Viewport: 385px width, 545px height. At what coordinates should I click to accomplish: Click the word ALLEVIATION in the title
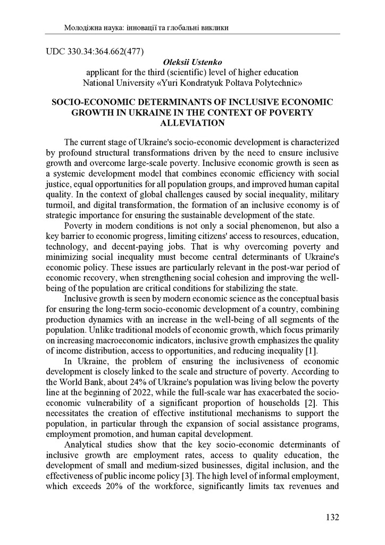192,122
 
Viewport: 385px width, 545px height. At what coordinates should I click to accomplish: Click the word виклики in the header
215,27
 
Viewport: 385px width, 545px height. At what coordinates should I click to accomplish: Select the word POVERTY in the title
292,112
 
